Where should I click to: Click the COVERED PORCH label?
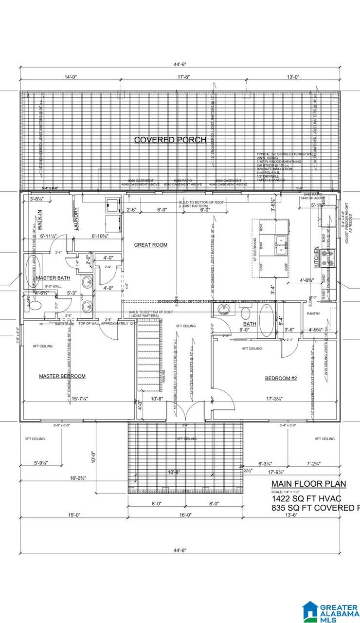[170, 140]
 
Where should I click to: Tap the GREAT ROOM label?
[151, 245]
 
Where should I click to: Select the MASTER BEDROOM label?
[62, 376]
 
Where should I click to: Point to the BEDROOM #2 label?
[281, 379]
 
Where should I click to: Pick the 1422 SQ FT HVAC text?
[306, 499]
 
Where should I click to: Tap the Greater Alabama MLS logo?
[329, 611]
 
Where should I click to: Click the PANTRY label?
[313, 313]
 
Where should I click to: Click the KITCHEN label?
[317, 256]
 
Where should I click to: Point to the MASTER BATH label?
[53, 278]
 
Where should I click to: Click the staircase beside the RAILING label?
[148, 358]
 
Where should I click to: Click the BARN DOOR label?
[64, 324]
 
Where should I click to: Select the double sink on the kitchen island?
[281, 245]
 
